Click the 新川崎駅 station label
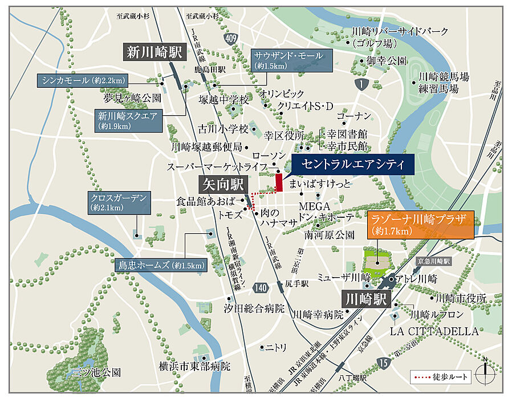(154, 53)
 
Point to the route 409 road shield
(230, 39)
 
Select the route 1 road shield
(360, 84)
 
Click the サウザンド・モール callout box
(290, 60)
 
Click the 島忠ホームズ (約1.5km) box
(160, 265)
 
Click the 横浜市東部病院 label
(196, 366)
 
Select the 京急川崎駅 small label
(433, 261)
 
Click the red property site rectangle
(279, 182)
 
